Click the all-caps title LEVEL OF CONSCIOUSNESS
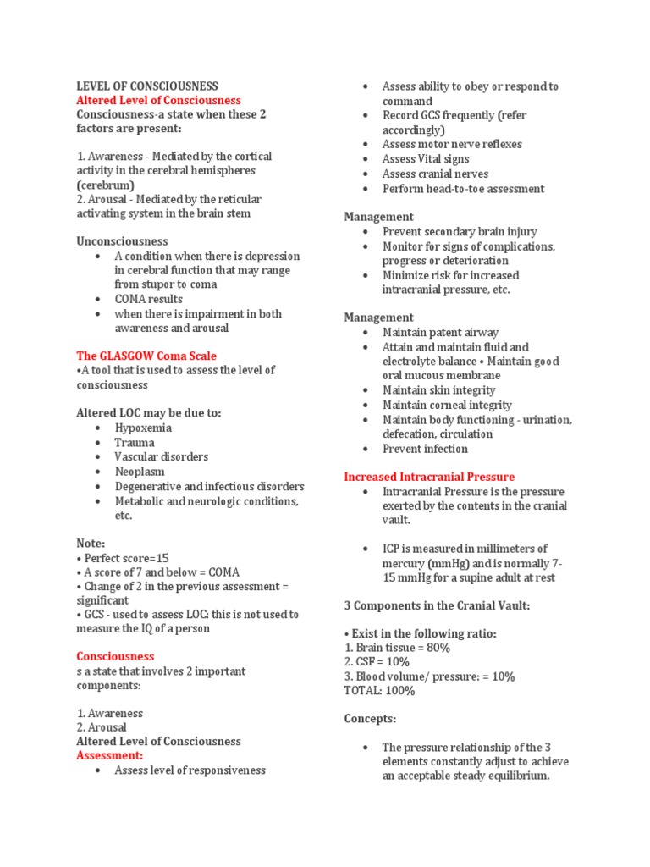click(x=147, y=86)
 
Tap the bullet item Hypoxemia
click(x=143, y=428)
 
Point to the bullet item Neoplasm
click(x=140, y=471)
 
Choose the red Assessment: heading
click(x=110, y=755)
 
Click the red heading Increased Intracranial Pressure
click(x=429, y=477)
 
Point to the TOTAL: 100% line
click(x=379, y=691)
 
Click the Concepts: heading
click(x=370, y=719)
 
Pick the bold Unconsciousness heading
click(x=122, y=241)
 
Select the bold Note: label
click(x=91, y=543)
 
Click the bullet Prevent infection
click(x=425, y=449)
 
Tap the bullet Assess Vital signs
click(x=426, y=158)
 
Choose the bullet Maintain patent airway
click(x=440, y=332)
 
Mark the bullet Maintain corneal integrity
click(x=447, y=405)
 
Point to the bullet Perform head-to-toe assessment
click(x=463, y=188)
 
